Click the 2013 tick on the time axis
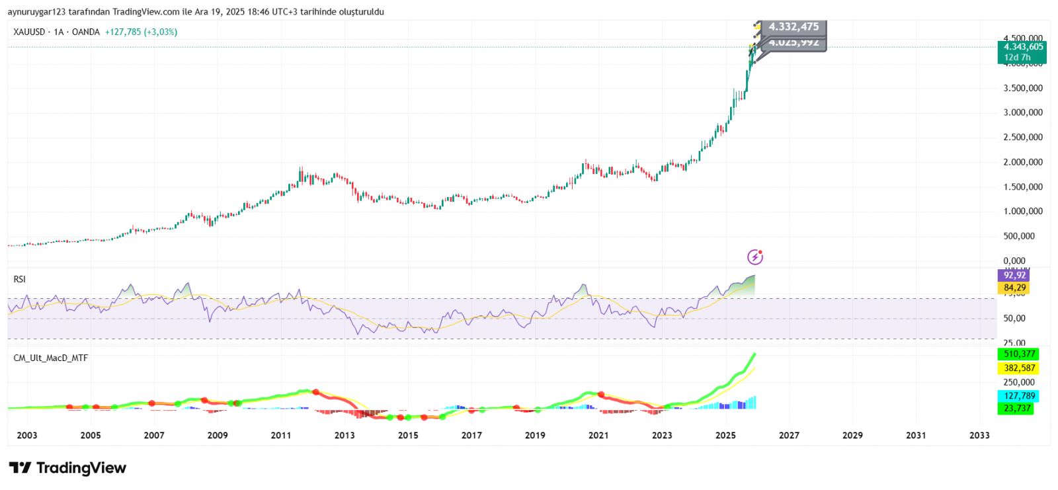click(x=345, y=435)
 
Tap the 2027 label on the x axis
click(x=789, y=435)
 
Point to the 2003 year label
click(x=27, y=435)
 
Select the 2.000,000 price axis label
click(x=1023, y=162)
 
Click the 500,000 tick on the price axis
click(x=1023, y=236)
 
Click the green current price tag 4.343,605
click(x=1023, y=47)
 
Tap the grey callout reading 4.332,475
click(x=793, y=27)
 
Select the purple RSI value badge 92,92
click(x=1014, y=275)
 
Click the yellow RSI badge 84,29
click(x=1014, y=288)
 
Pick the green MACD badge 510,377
click(x=1019, y=354)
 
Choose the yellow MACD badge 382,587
click(x=1019, y=368)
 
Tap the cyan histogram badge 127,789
click(x=1019, y=396)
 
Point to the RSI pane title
click(x=19, y=280)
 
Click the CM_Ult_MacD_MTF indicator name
click(x=51, y=358)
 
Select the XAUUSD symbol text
click(x=29, y=32)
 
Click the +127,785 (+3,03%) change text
click(x=141, y=32)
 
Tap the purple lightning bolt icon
click(x=755, y=257)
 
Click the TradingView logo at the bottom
click(x=67, y=468)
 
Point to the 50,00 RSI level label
click(x=1014, y=318)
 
